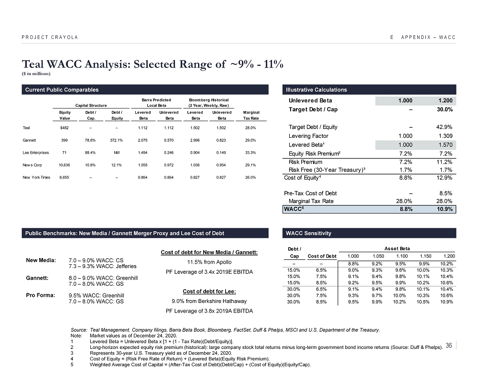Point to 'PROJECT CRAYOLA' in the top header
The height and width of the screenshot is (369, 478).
tap(50, 37)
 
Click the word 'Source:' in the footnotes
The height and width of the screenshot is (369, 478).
tap(78, 330)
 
